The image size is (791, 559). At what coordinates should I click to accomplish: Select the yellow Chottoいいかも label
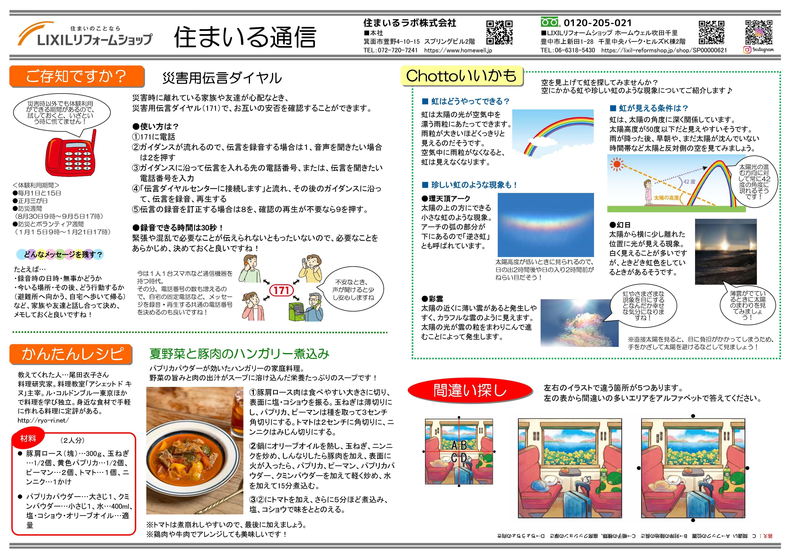coord(462,76)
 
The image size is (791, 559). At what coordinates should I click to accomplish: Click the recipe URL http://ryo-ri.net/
coord(43,420)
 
